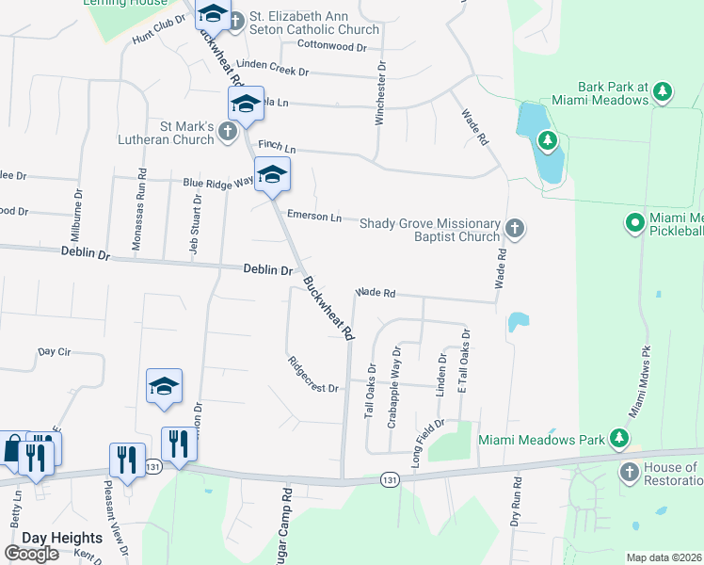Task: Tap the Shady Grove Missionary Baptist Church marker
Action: click(x=514, y=227)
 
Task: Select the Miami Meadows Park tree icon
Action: click(x=618, y=439)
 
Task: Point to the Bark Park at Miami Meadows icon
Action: click(x=664, y=91)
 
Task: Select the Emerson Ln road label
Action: click(x=314, y=217)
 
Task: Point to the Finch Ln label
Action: click(x=277, y=149)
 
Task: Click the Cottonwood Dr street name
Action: click(x=330, y=45)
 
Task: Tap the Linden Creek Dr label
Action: click(x=273, y=67)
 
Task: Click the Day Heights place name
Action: click(x=49, y=538)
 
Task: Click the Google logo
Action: click(x=32, y=554)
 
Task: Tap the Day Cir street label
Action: click(x=55, y=352)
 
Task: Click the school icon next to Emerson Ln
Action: click(x=272, y=175)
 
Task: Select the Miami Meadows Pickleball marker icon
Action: click(x=635, y=224)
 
